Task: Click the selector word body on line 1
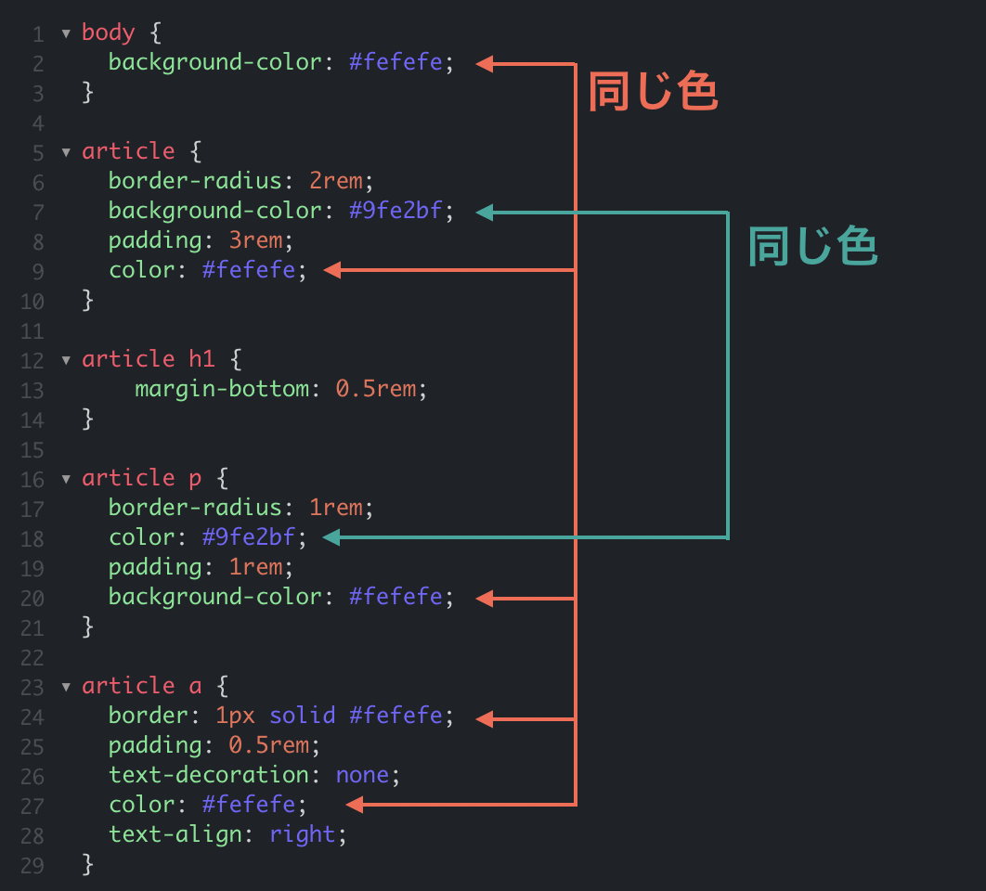[x=108, y=32]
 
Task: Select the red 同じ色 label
[x=654, y=91]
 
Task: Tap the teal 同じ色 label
[x=812, y=246]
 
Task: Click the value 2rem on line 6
[x=336, y=181]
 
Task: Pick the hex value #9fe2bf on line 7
[x=396, y=210]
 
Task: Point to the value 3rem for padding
[x=256, y=240]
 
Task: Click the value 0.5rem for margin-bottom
[x=376, y=389]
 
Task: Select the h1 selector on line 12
[x=201, y=359]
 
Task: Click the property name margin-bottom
[x=222, y=390]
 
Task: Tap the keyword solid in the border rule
[x=303, y=716]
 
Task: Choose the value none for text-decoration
[x=363, y=775]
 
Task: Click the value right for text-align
[x=303, y=835]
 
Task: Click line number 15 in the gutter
[x=32, y=450]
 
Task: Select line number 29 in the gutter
[x=32, y=866]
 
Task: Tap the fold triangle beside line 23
[x=66, y=687]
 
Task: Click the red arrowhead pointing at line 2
[x=485, y=63]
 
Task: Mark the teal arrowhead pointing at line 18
[x=331, y=537]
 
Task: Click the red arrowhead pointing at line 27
[x=355, y=805]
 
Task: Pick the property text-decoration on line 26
[x=209, y=775]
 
